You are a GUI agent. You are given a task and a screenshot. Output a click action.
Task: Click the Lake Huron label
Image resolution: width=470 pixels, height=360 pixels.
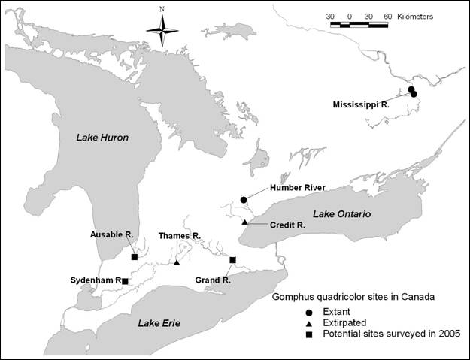(102, 138)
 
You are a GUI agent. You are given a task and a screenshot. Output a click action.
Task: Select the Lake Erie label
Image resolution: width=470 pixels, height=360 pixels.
(159, 323)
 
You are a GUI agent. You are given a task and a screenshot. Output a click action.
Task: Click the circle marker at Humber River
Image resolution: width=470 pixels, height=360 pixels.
(244, 199)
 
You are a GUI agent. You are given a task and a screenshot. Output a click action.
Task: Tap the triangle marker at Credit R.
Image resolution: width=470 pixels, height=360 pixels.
(244, 222)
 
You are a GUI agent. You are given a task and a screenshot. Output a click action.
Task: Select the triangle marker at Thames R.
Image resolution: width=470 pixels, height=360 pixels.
(177, 262)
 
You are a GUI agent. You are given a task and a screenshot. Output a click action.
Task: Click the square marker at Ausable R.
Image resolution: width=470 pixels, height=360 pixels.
(134, 257)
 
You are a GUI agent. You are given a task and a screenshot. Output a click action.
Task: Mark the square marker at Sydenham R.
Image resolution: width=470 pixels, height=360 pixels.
(125, 280)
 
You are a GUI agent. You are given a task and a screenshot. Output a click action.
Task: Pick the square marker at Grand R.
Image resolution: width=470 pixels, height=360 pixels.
(232, 259)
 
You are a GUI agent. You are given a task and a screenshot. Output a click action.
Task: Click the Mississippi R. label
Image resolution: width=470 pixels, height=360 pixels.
(361, 105)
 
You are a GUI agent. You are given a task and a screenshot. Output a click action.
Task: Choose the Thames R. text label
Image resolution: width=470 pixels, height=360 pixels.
(179, 236)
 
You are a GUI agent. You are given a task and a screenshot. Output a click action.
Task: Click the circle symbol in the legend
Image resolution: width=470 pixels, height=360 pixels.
(309, 311)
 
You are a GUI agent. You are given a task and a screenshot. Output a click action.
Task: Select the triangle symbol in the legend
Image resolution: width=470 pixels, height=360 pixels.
(309, 322)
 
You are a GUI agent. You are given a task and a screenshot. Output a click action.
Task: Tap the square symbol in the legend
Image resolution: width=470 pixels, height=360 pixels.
(309, 334)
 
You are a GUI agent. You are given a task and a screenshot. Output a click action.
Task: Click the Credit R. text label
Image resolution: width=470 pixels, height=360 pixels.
(287, 225)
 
